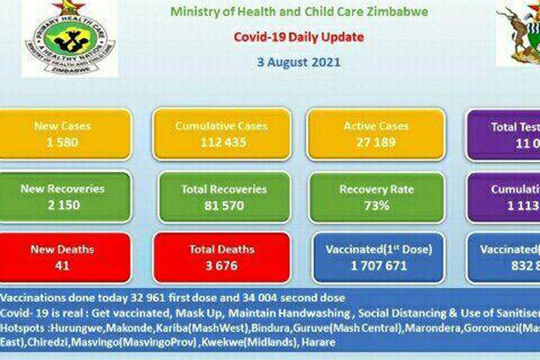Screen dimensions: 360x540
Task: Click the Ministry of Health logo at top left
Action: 69,39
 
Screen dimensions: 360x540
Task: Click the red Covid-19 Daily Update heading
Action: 299,36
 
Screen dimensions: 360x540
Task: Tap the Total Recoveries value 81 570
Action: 223,205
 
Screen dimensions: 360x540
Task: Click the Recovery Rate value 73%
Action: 376,205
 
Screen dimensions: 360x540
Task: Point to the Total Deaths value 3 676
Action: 221,264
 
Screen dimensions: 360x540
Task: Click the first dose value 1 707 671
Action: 378,264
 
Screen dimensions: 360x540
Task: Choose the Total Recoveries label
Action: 223,189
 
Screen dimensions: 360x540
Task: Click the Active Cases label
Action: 376,126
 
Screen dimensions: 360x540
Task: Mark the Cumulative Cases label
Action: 221,126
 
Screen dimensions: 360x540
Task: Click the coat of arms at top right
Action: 519,35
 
